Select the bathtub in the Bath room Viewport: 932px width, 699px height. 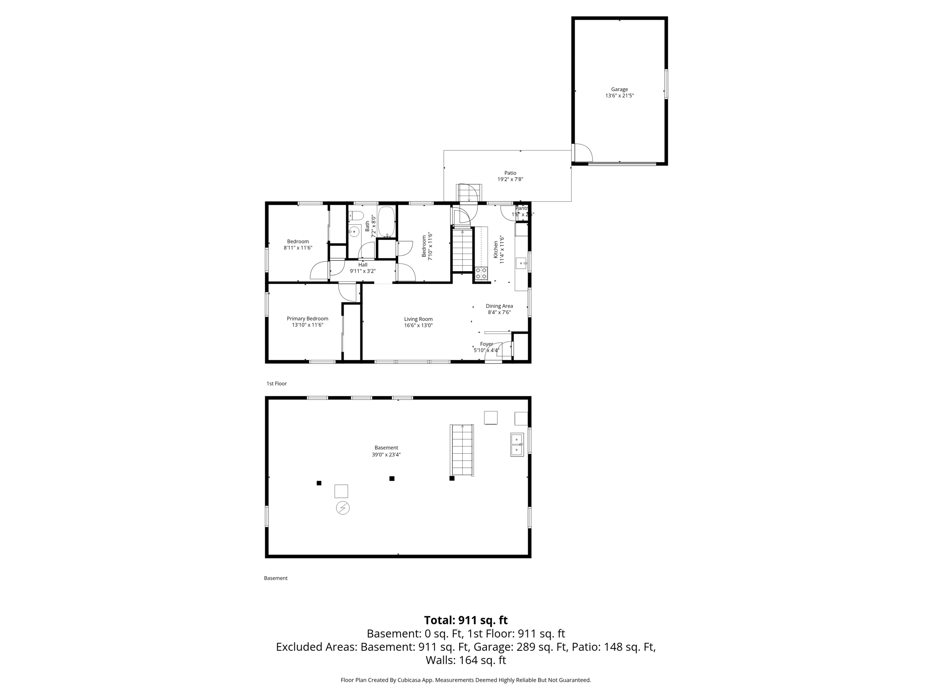tap(387, 222)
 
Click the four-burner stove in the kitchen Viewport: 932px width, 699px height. tap(481, 273)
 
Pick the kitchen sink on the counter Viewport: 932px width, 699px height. tap(521, 263)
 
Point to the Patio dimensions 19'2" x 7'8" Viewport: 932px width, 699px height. tap(510, 179)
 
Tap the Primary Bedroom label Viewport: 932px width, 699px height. tap(307, 319)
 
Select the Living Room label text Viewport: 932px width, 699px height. tap(418, 319)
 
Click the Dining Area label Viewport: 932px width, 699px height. tap(499, 306)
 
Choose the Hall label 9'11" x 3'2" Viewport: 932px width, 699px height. tap(363, 268)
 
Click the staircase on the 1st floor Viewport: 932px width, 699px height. tap(463, 250)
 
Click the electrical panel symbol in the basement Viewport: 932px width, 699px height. tap(343, 508)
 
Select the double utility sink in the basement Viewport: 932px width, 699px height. tap(517, 445)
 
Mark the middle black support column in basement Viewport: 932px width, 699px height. tap(392, 478)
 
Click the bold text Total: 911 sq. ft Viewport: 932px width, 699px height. tap(466, 620)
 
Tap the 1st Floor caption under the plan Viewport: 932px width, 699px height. tap(277, 384)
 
